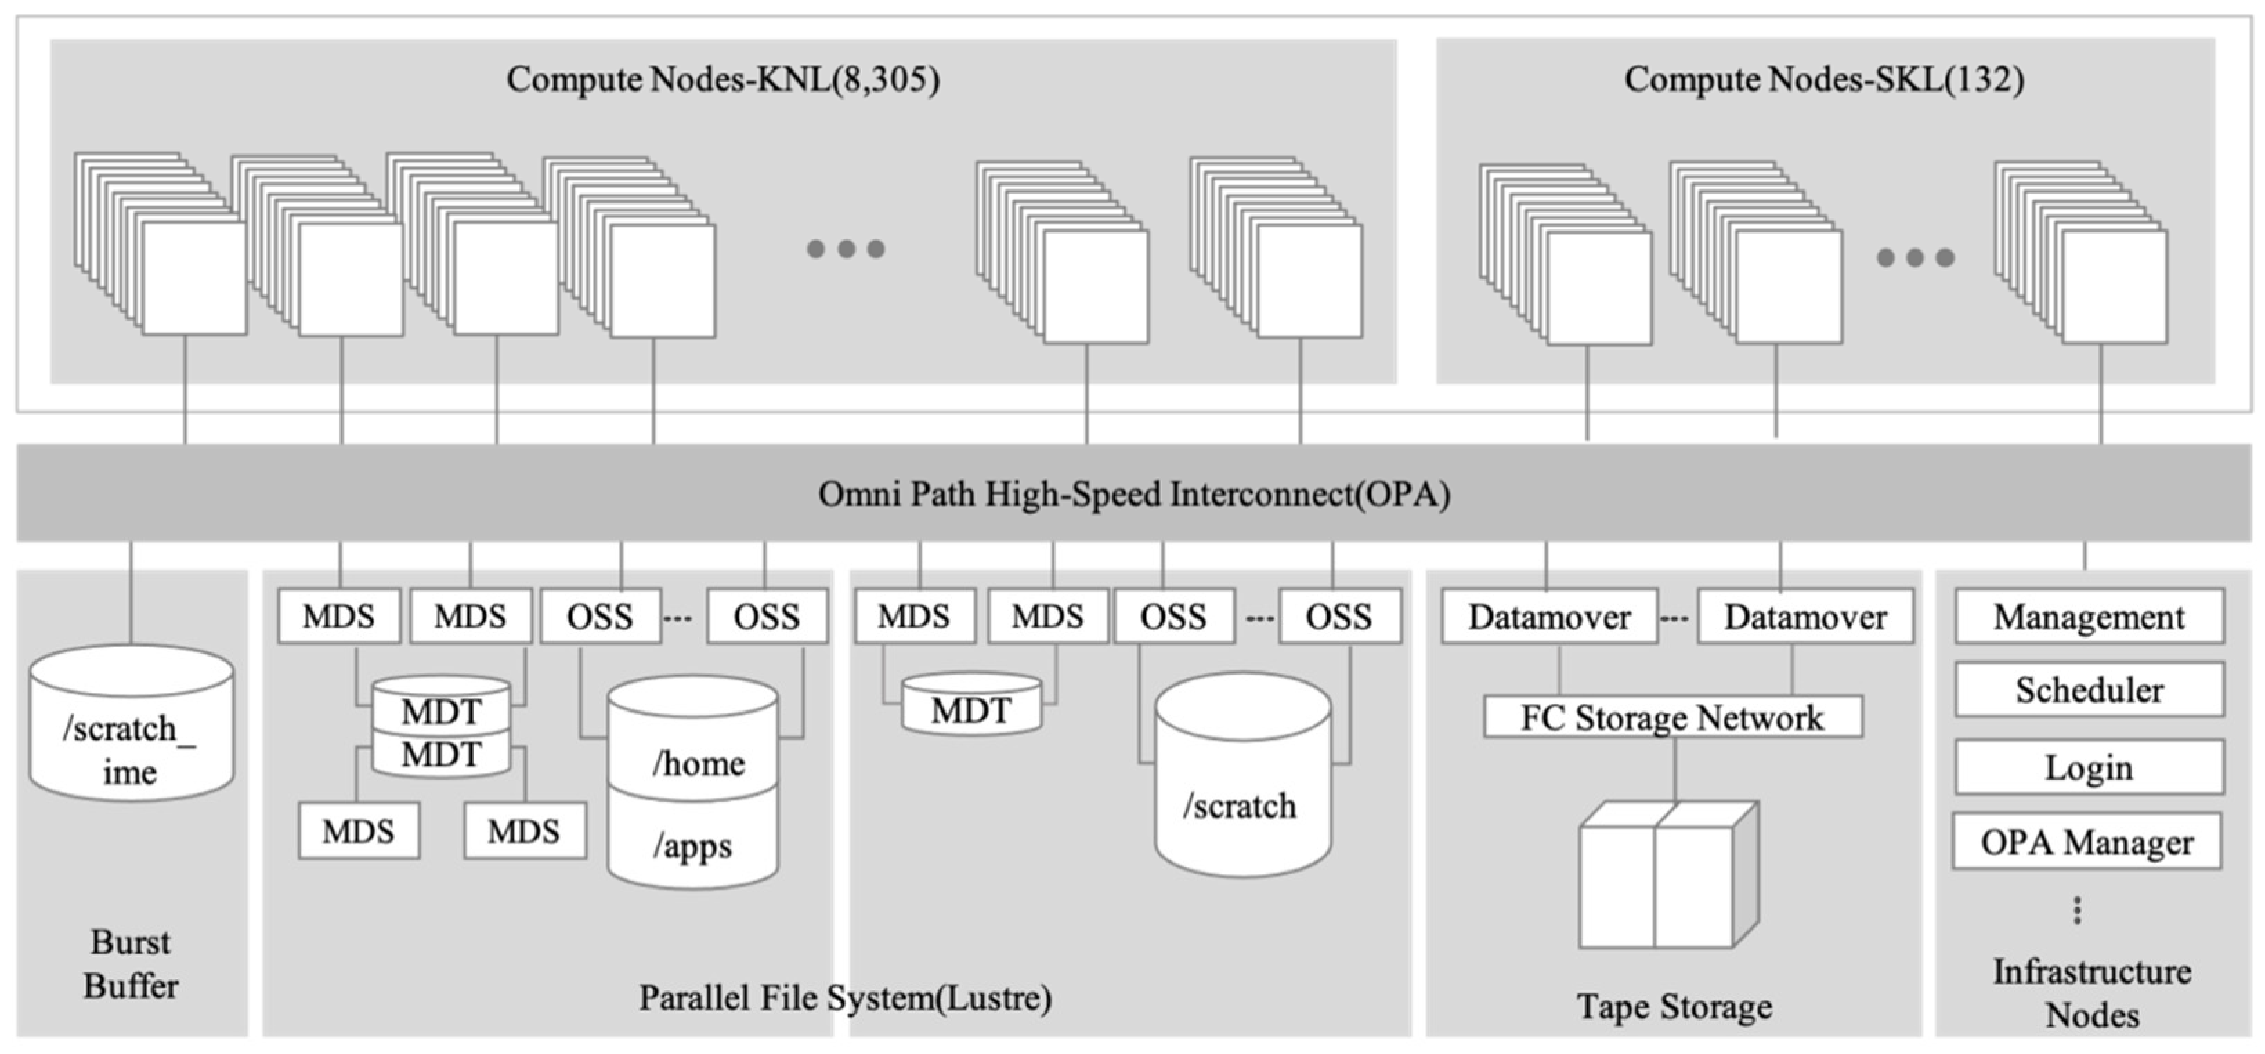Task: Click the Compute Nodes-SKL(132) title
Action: click(x=1824, y=80)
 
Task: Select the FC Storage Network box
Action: click(x=1672, y=717)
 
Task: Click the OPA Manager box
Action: click(x=2086, y=842)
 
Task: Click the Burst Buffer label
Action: click(x=131, y=963)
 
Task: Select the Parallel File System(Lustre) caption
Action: click(x=844, y=998)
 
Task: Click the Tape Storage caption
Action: click(x=1673, y=1006)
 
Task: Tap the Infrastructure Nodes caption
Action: click(x=2091, y=992)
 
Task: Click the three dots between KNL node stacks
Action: click(x=845, y=249)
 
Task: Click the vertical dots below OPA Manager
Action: click(x=2077, y=911)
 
